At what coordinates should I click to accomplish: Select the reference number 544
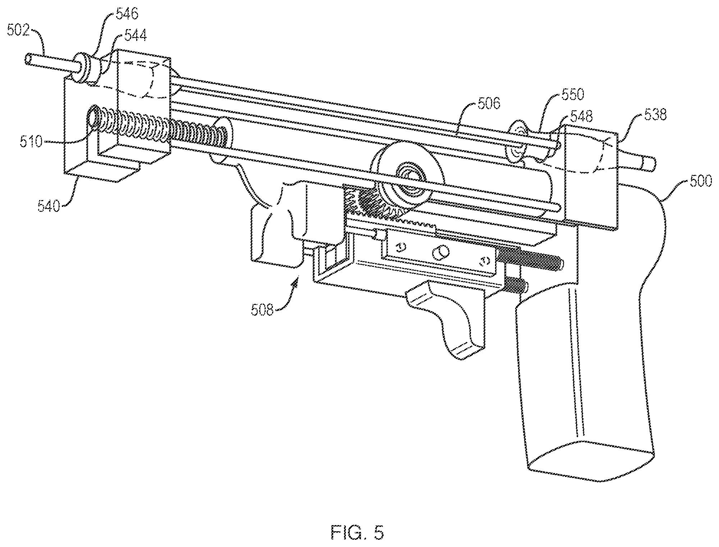point(135,36)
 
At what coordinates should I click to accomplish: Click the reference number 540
point(49,206)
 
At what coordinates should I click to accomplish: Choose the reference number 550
point(572,95)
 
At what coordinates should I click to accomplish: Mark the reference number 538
point(655,115)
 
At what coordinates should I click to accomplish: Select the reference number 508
point(262,310)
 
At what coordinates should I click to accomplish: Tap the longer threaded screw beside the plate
point(530,259)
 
